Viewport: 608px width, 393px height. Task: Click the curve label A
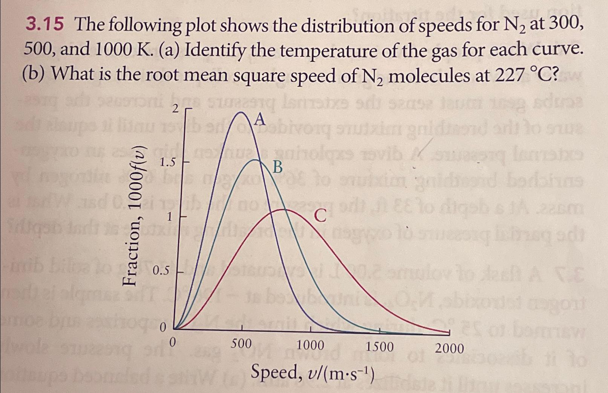260,120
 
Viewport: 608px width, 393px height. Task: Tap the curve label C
320,216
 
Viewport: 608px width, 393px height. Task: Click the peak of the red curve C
281,209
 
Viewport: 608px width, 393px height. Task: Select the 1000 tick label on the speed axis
310,345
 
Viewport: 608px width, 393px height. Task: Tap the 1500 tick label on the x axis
380,346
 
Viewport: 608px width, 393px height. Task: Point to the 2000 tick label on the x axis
450,348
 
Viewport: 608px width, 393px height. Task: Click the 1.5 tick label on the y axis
167,163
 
